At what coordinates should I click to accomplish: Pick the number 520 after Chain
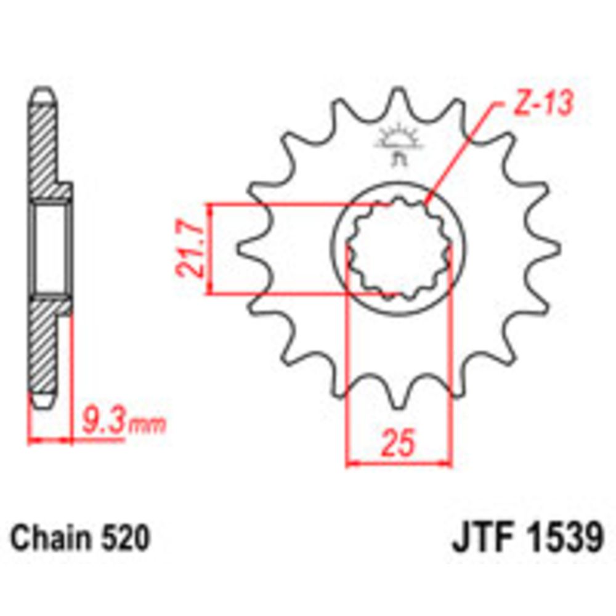click(x=125, y=539)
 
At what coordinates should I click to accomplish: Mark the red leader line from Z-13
click(x=462, y=154)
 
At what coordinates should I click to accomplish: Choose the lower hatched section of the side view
click(x=47, y=345)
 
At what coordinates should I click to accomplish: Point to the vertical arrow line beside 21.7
click(x=211, y=249)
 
